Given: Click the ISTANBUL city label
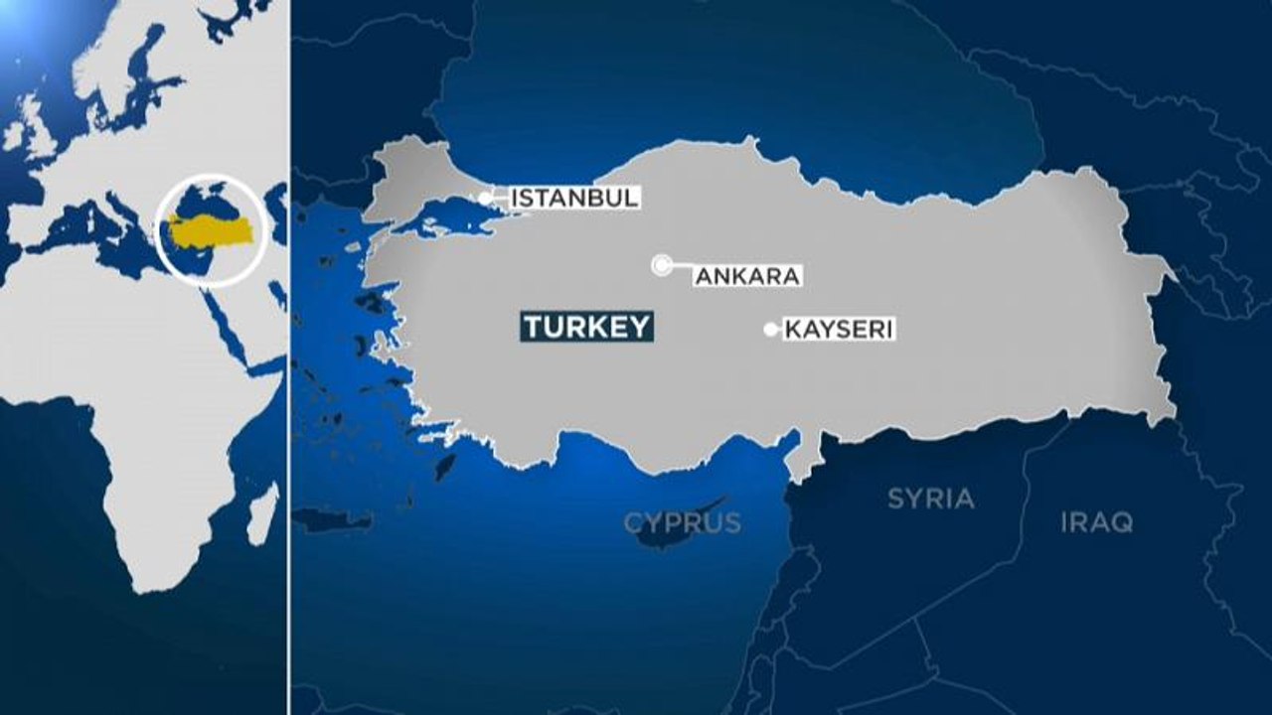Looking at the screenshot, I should coord(573,198).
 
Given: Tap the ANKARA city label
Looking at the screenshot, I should coord(747,276).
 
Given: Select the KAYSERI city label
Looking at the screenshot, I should coord(840,330).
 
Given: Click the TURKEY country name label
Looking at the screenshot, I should coord(586,327).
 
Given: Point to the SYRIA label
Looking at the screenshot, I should coord(930,499).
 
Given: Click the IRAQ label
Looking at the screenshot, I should coord(1096,522).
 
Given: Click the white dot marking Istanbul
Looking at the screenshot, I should coord(485,199).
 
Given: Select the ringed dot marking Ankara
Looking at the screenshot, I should coord(661,264).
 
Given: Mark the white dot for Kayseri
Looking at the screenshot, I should coord(770,330).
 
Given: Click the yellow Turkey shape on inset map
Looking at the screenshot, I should coord(211,229).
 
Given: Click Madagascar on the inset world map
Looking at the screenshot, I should coord(261,511).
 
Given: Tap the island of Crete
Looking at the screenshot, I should coord(333,519).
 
